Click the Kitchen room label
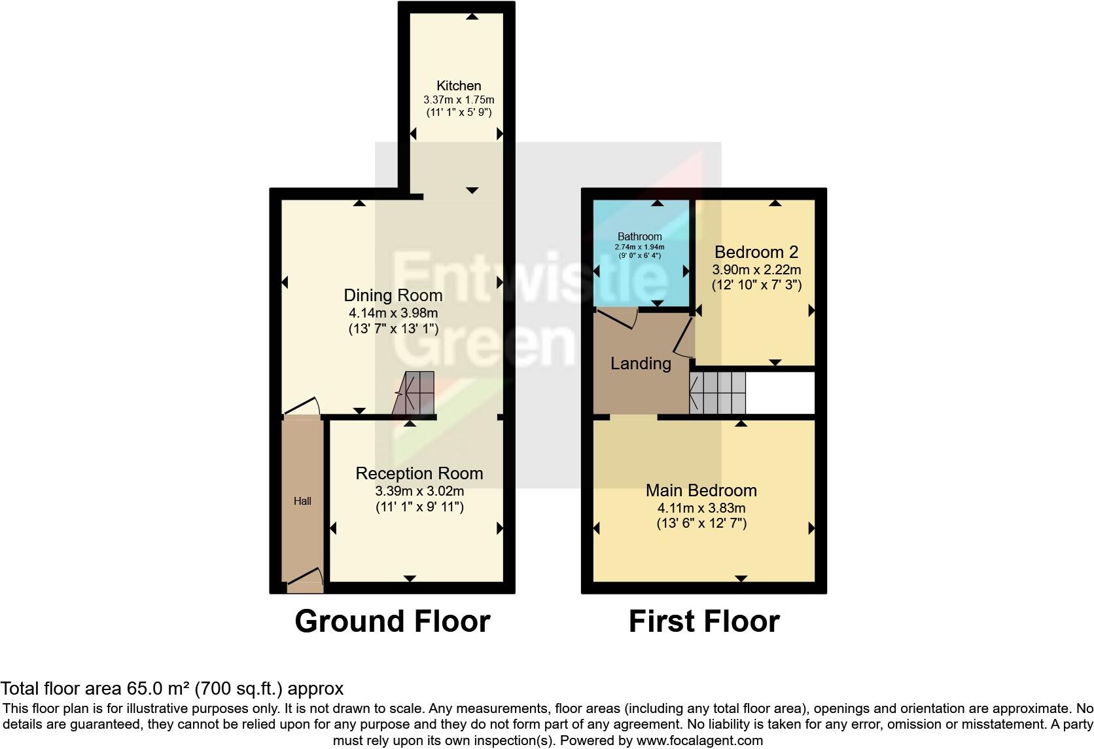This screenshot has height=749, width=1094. point(459,86)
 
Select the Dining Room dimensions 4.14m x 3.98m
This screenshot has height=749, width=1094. point(393,313)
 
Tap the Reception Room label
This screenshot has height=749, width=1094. point(419,473)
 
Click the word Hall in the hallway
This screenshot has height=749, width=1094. point(302,502)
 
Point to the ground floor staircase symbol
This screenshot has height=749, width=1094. point(415,393)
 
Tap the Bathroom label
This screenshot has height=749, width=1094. point(639,236)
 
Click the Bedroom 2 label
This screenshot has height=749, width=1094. point(756,252)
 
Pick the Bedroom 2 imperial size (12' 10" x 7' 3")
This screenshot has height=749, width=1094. point(756,285)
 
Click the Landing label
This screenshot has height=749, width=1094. point(641,363)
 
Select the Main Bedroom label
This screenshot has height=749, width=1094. point(701,490)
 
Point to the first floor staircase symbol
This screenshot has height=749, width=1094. point(718,393)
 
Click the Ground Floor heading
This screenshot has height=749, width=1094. point(392,621)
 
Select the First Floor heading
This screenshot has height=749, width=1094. point(703,621)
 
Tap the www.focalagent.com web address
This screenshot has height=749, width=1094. point(699,740)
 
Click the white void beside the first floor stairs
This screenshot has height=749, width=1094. point(780,393)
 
